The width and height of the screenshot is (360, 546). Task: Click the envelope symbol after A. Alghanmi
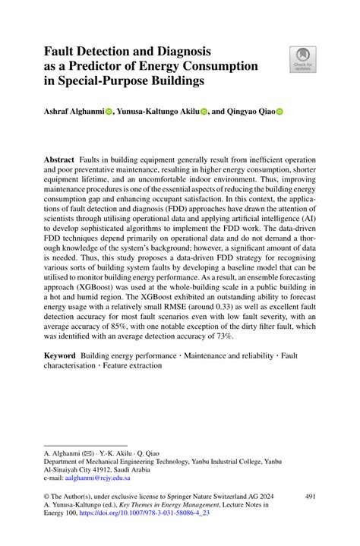point(90,451)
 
